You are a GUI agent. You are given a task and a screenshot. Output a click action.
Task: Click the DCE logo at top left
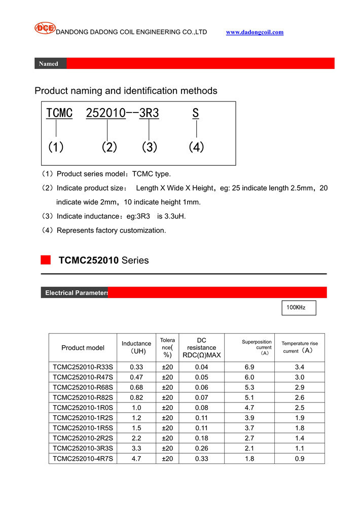[45, 28]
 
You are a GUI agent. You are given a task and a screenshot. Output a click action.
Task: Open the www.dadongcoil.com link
[255, 32]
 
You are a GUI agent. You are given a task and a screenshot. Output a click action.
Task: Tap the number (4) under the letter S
[196, 147]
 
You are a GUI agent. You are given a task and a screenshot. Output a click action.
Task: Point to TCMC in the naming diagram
[59, 113]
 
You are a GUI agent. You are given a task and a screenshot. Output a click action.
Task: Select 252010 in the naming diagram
[105, 113]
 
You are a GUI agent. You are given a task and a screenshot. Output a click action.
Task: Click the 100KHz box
[299, 307]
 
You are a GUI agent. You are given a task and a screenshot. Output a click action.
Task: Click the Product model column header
[83, 348]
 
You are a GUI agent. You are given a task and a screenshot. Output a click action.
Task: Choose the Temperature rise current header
[299, 347]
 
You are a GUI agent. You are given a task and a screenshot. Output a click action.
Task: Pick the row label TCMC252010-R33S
[83, 367]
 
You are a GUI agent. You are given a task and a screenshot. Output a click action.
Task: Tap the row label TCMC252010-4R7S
[83, 459]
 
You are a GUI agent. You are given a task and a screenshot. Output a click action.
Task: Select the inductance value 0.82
[136, 397]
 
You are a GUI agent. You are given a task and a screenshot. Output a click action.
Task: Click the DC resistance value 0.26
[202, 449]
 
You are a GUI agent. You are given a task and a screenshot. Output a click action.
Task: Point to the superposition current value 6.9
[249, 367]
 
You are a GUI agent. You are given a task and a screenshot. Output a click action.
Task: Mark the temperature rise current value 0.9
[299, 459]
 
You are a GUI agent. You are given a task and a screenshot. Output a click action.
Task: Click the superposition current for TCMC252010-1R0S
[249, 408]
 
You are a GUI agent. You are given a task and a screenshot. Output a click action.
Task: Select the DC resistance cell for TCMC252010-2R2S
[202, 438]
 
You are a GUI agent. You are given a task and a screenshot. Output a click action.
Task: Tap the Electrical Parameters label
[76, 293]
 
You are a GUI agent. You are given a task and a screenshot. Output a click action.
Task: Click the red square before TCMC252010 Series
[46, 260]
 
